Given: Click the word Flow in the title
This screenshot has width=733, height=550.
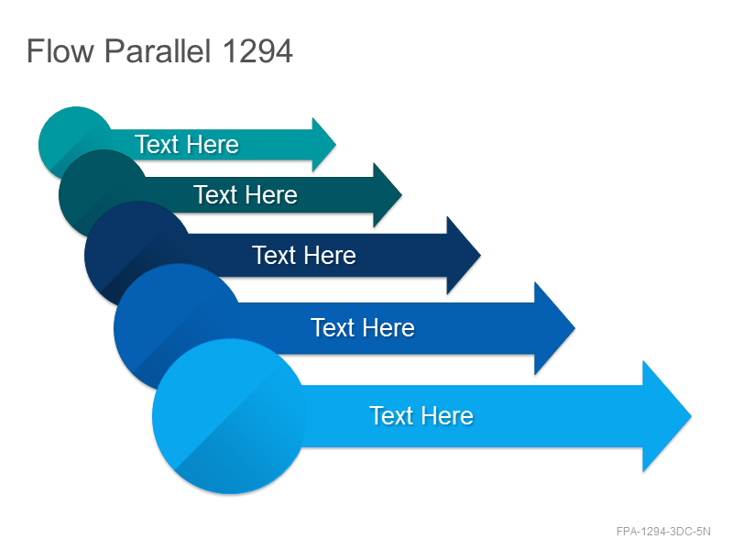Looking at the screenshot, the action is click(x=60, y=50).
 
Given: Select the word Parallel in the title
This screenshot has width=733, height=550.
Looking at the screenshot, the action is click(x=158, y=50).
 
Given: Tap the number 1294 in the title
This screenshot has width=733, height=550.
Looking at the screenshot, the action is click(x=257, y=50).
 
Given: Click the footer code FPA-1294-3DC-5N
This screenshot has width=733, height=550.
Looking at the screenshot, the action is click(x=663, y=532).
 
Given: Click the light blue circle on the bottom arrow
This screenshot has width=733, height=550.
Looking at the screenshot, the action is click(x=229, y=416).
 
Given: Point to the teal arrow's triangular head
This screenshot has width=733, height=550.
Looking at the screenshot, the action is click(x=323, y=145).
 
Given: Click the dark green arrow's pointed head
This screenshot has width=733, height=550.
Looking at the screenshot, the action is click(x=387, y=195).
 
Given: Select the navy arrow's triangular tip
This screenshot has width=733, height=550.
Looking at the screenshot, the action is click(x=464, y=256).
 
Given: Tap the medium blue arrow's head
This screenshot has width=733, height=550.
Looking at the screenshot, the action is click(x=554, y=328).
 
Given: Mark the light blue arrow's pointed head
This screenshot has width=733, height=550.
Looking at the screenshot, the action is click(x=667, y=416).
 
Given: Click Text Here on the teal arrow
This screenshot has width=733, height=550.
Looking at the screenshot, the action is click(x=187, y=144).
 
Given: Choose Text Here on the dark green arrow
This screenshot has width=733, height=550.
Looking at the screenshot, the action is click(x=246, y=194).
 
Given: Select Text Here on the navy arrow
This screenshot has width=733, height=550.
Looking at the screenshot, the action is click(x=304, y=256).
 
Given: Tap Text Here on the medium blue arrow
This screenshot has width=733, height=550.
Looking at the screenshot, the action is click(x=363, y=327).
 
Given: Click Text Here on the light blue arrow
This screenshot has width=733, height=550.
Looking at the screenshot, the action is click(x=421, y=415).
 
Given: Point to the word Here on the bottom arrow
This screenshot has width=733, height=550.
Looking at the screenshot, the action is click(x=448, y=415).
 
